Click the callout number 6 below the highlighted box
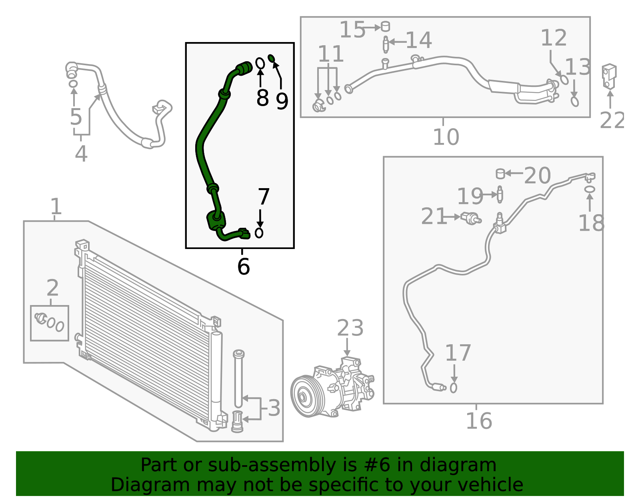tap(243, 267)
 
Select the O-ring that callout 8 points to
tap(260, 63)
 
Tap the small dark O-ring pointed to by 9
tap(271, 58)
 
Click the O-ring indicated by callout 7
tap(259, 233)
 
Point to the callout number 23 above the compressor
tap(350, 328)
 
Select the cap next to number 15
tap(385, 26)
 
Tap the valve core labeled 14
tap(386, 44)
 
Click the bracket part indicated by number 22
tap(609, 75)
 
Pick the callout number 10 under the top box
tap(446, 137)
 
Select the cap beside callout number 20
tap(500, 174)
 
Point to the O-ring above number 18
tap(590, 189)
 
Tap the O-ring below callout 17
tap(454, 388)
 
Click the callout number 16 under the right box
tap(478, 421)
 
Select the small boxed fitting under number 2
tap(50, 323)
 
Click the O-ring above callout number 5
tap(73, 84)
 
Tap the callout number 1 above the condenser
tap(56, 207)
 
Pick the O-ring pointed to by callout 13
tap(574, 102)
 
